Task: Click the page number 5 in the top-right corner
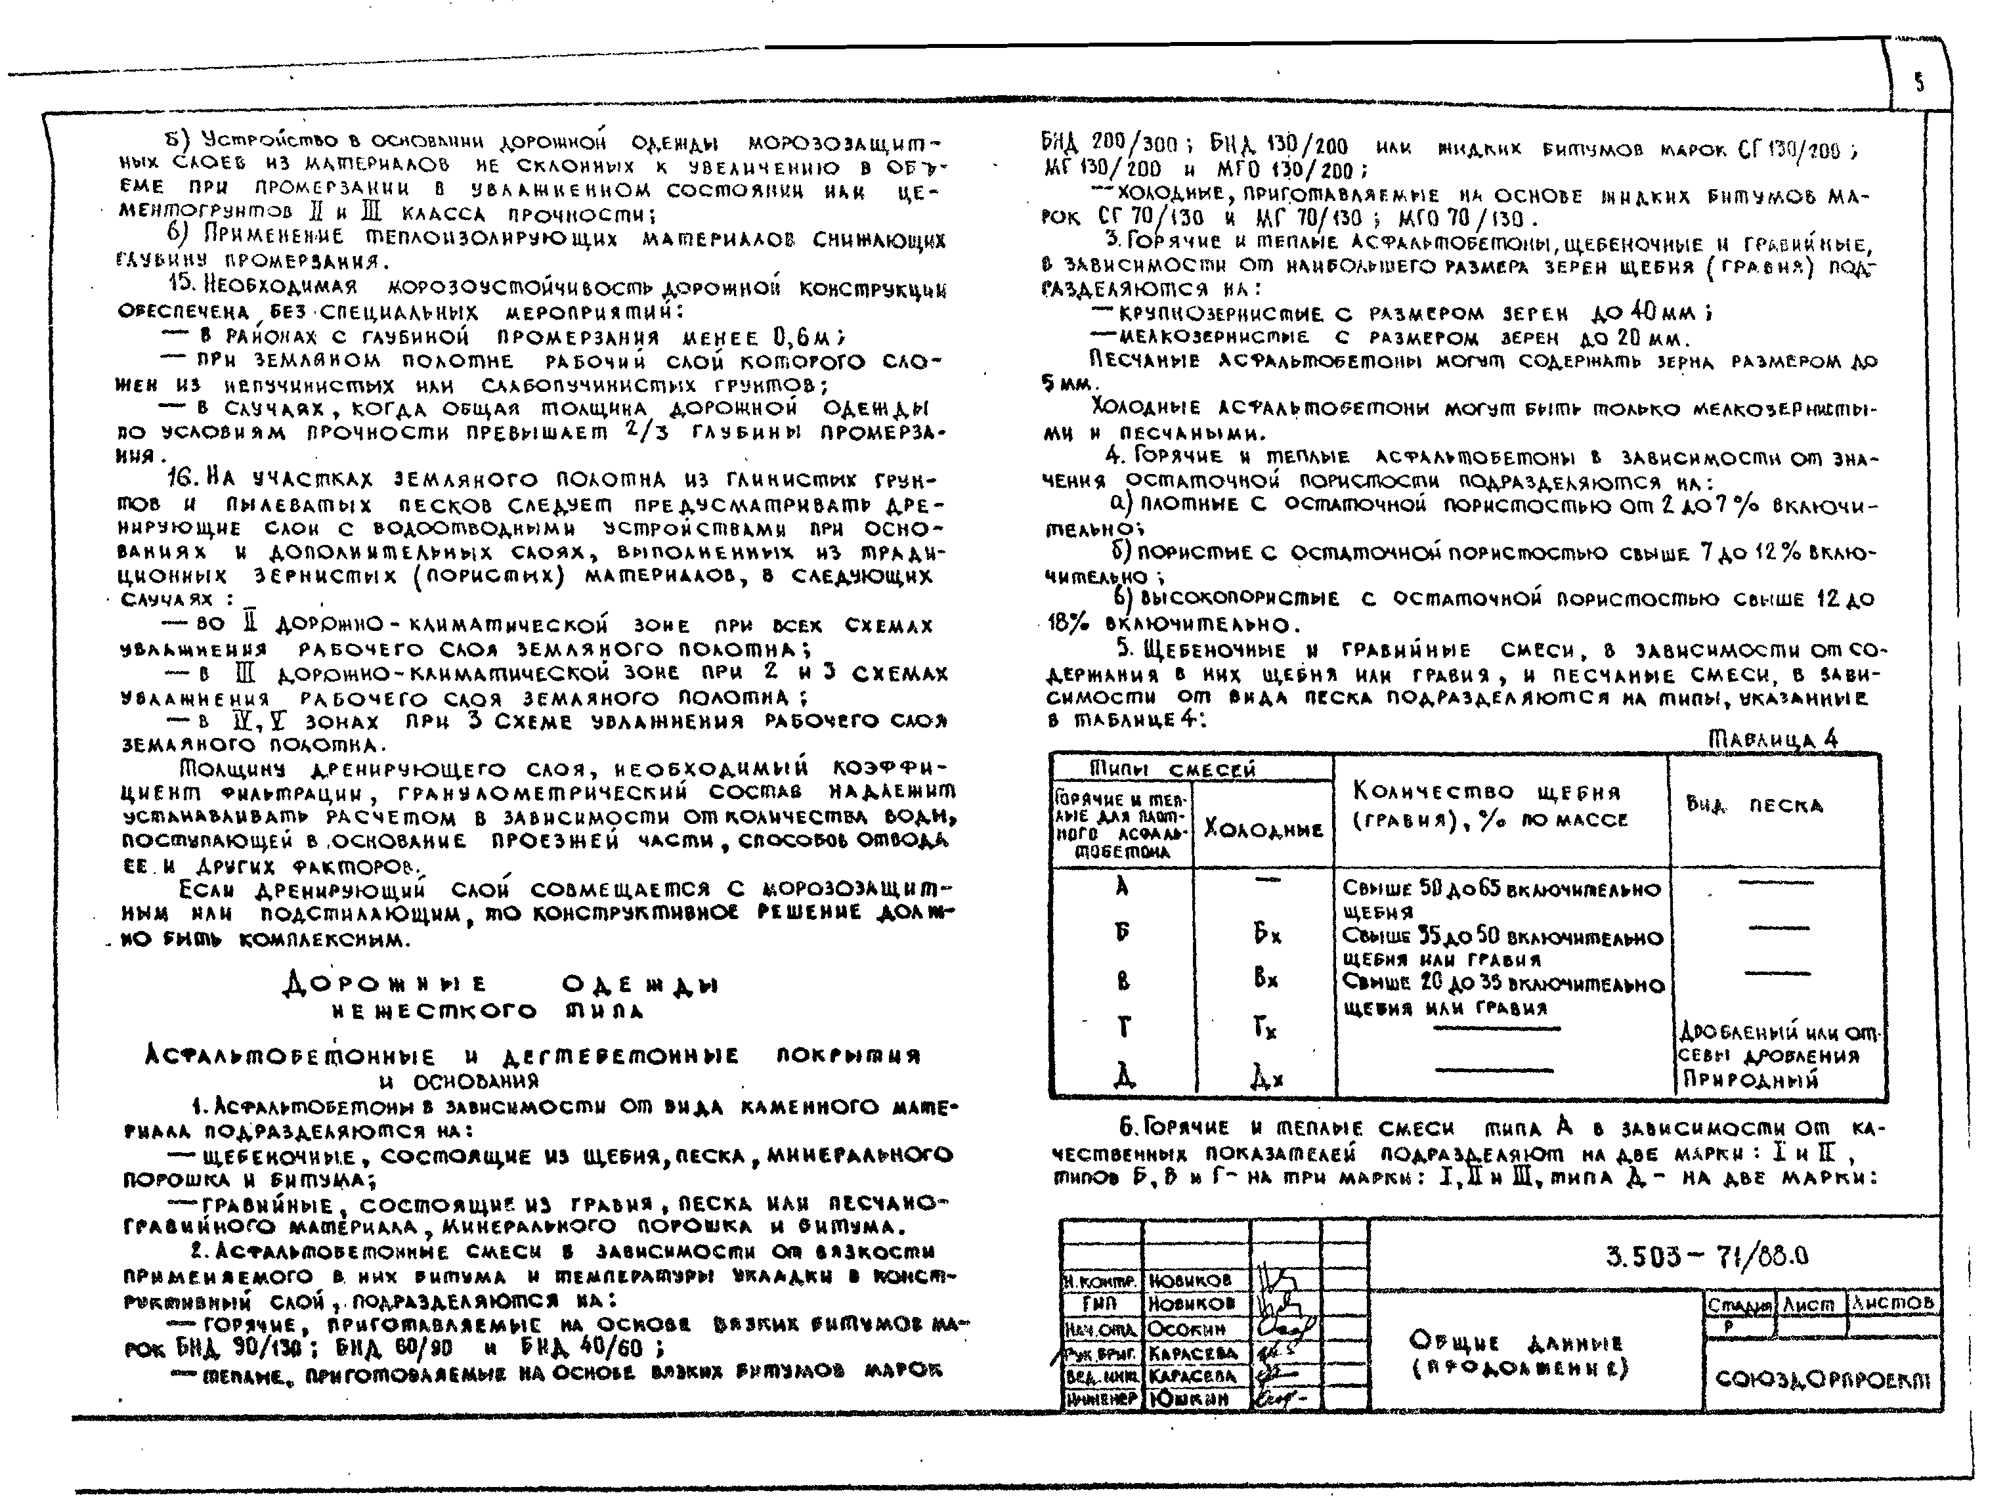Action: pos(1919,83)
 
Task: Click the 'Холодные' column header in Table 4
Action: pos(1263,829)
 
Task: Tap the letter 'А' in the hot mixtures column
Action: pos(1123,886)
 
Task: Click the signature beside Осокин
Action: pos(1285,1329)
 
